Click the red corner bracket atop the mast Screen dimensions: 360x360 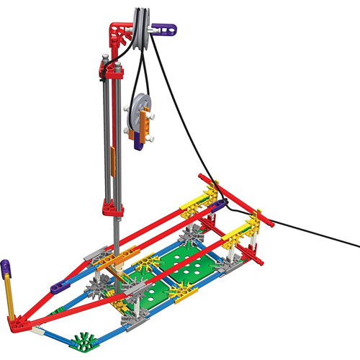(x=121, y=29)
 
